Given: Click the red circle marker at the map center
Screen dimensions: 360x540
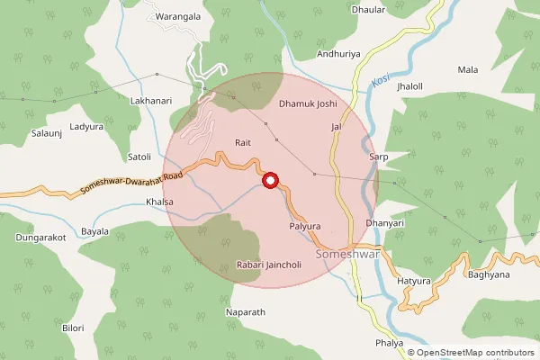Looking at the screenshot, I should (269, 181).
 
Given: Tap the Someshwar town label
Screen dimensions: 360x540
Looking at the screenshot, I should (346, 255).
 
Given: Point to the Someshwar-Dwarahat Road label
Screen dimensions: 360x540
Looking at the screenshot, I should (130, 184).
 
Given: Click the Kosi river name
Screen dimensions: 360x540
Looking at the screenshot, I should (381, 84).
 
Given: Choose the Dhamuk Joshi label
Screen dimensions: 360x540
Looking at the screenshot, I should (306, 105).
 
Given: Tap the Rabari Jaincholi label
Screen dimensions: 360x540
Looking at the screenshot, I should (266, 265).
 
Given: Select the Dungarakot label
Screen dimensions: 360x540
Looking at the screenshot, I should (41, 238).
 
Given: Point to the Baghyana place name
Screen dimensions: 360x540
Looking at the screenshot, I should (489, 274).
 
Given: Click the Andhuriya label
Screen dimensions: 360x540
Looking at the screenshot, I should (338, 54).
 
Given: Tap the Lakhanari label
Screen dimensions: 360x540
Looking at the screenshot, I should (151, 101).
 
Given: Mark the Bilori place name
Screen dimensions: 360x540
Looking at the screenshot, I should (73, 328).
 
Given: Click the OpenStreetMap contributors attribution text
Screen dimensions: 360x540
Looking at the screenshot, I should (475, 353).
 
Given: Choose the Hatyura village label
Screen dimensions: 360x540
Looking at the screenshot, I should (415, 283).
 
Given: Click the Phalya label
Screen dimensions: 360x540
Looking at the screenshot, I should (389, 344).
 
